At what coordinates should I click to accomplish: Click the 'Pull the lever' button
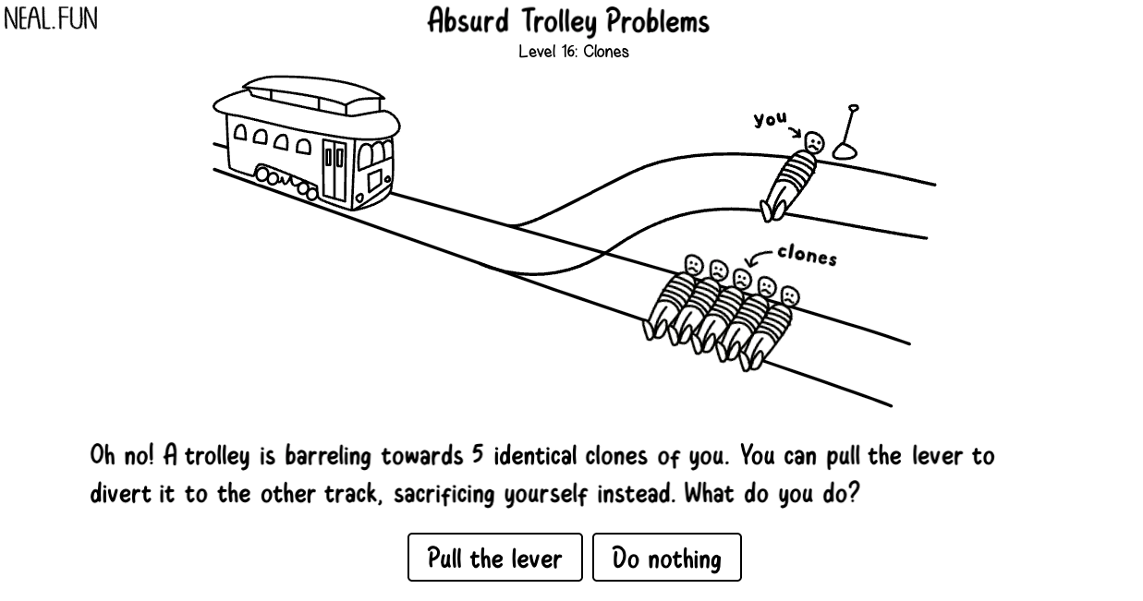(x=494, y=558)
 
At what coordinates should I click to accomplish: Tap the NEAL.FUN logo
(x=51, y=19)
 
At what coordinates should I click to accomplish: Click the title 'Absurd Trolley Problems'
(x=567, y=21)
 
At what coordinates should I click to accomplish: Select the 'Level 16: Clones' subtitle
(x=573, y=52)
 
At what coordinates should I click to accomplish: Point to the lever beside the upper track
(x=846, y=134)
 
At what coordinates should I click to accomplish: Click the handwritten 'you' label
(x=770, y=119)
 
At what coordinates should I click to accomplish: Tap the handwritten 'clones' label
(x=807, y=255)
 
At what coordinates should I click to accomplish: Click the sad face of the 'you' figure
(x=813, y=143)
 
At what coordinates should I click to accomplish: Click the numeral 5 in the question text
(x=478, y=455)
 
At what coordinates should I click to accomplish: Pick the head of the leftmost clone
(x=694, y=264)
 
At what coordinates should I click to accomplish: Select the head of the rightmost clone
(x=789, y=296)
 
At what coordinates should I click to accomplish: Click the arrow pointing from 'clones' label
(x=760, y=258)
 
